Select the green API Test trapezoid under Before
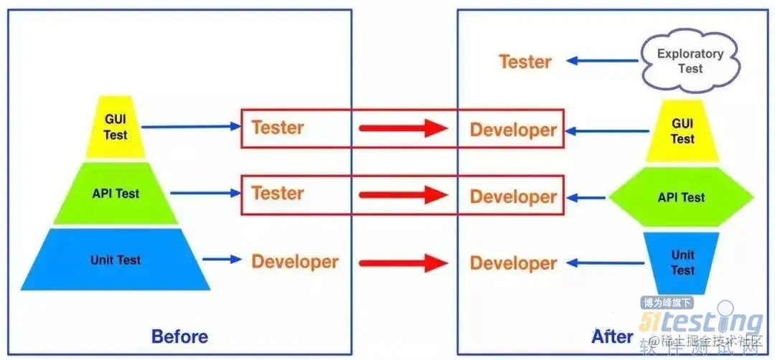coord(116,194)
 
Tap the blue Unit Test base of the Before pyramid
coord(116,260)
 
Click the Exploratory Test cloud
coord(690,61)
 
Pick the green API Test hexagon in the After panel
coord(681,197)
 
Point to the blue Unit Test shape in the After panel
coord(682,262)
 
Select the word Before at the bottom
coord(179,336)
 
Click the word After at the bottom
coord(612,336)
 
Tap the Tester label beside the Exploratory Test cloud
coord(525,62)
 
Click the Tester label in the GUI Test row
coord(277,128)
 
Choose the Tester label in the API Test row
coord(277,193)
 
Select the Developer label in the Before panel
coord(294,261)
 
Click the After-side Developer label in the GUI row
coord(513,130)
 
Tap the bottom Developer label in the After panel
coord(513,262)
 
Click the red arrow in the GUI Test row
coord(403,129)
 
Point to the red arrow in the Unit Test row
coord(403,262)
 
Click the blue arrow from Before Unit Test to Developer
coord(222,260)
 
